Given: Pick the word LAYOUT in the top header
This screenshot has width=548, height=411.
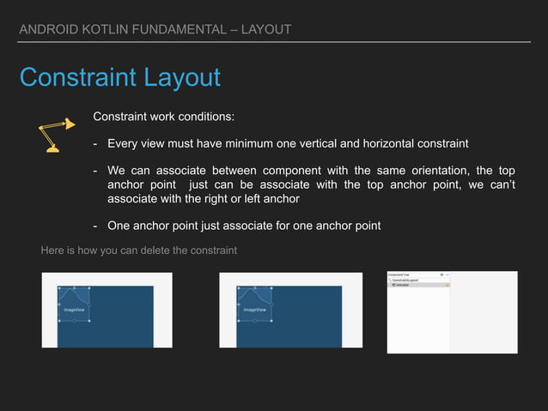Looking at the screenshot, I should [266, 30].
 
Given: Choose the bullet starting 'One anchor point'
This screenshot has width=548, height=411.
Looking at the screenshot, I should [243, 226].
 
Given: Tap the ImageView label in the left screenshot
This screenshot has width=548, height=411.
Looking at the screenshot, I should [75, 309].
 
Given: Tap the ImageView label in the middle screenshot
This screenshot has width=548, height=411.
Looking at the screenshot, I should [254, 309].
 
